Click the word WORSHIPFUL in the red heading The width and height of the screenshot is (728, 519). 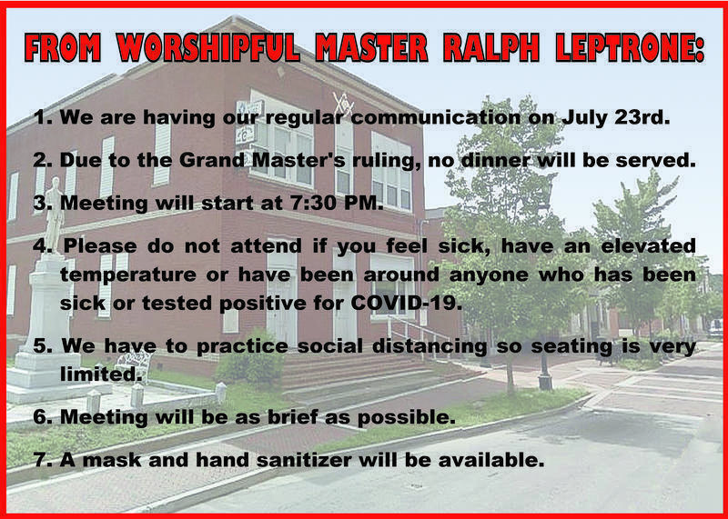coord(208,47)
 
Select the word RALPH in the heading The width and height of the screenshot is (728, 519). coord(490,47)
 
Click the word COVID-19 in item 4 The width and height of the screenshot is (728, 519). coord(406,304)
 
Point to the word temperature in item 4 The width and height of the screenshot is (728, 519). coord(129,275)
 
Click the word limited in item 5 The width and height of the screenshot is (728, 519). coord(101,374)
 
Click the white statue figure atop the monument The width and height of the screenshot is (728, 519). coord(55,215)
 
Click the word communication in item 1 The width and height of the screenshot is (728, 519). coord(436,117)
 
